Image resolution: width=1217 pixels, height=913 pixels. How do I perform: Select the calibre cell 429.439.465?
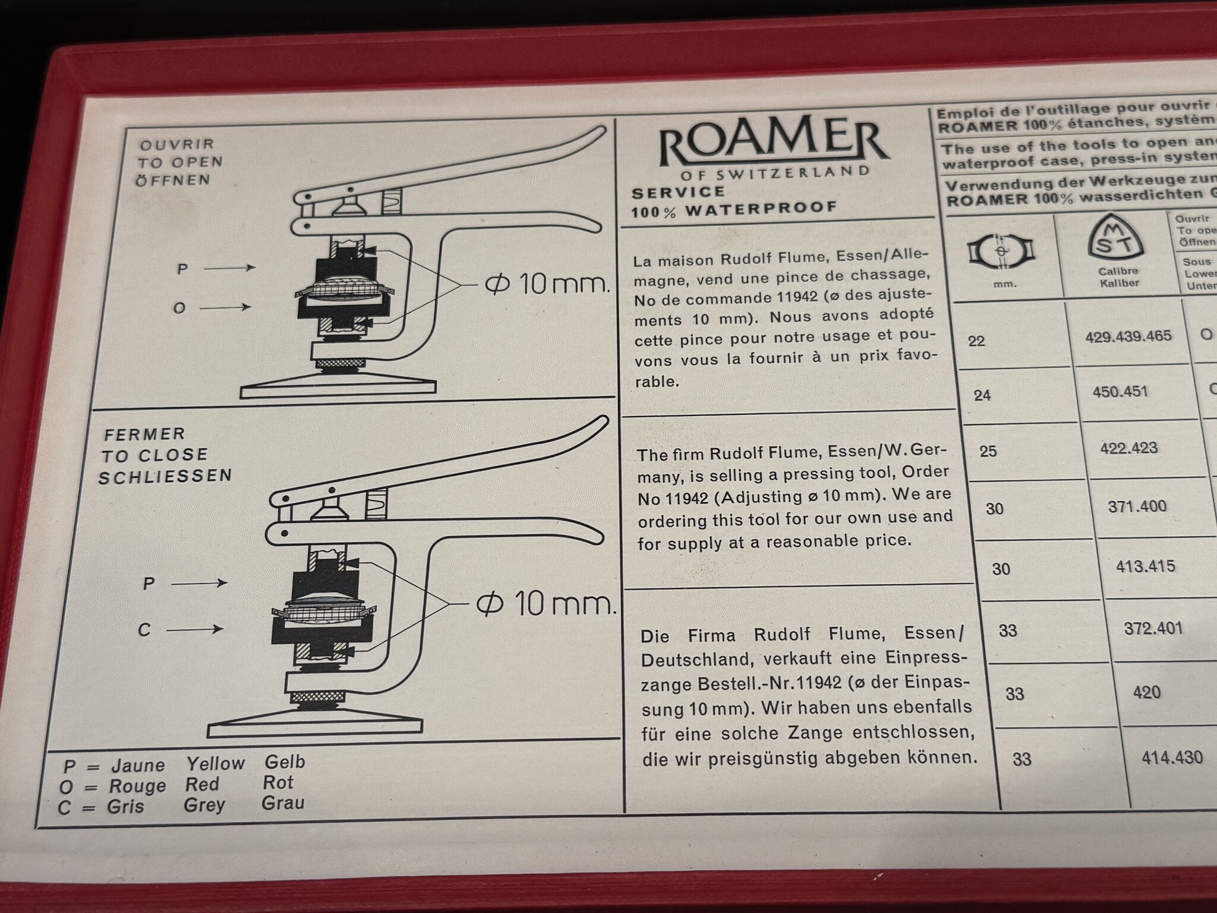pyautogui.click(x=1128, y=336)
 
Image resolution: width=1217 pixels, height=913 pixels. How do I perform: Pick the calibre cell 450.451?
pyautogui.click(x=1120, y=392)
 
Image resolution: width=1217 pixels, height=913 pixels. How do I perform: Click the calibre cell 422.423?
pyautogui.click(x=1128, y=448)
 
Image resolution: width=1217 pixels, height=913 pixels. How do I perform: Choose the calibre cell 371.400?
pyautogui.click(x=1137, y=506)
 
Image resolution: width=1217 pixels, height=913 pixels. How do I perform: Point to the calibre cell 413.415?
pyautogui.click(x=1145, y=566)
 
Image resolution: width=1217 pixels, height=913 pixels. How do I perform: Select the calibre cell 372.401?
pyautogui.click(x=1153, y=628)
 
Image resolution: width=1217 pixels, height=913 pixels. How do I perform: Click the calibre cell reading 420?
pyautogui.click(x=1146, y=692)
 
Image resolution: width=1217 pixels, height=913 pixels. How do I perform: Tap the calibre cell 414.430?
pyautogui.click(x=1172, y=757)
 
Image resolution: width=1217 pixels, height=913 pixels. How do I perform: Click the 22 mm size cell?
pyautogui.click(x=976, y=341)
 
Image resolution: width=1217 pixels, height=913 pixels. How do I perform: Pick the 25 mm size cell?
pyautogui.click(x=988, y=451)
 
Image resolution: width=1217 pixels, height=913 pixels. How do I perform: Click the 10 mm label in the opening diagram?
pyautogui.click(x=547, y=285)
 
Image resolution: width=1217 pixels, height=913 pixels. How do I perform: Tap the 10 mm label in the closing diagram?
pyautogui.click(x=544, y=605)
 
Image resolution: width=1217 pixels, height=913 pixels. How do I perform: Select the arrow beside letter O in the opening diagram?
pyautogui.click(x=228, y=307)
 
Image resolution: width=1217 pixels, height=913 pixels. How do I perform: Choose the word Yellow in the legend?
pyautogui.click(x=215, y=763)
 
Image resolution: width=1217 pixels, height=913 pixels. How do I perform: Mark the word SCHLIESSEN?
pyautogui.click(x=165, y=477)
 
